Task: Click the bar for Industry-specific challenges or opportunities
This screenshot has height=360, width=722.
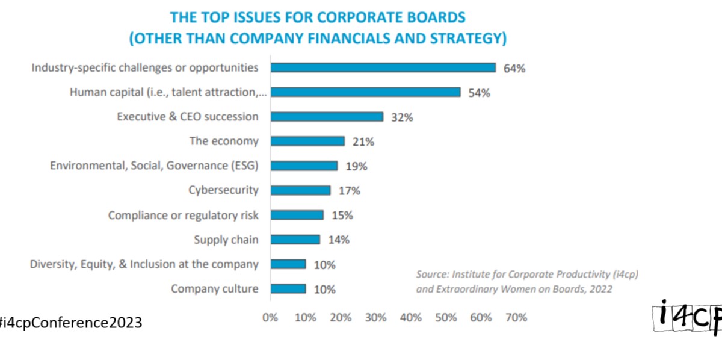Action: tap(383, 67)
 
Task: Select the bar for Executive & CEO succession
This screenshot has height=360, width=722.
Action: tap(327, 117)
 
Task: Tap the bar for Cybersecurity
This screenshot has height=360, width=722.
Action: tap(300, 190)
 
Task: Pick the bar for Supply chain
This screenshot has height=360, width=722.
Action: tap(295, 240)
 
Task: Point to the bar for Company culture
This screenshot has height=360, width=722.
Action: tap(288, 289)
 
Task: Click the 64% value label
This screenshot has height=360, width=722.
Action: tap(514, 69)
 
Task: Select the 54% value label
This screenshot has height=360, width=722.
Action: tap(480, 93)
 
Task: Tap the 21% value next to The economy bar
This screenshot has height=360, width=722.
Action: tap(363, 142)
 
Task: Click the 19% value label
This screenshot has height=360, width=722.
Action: tap(356, 167)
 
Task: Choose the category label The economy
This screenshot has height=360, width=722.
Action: tap(224, 141)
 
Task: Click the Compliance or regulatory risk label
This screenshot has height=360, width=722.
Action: tap(183, 216)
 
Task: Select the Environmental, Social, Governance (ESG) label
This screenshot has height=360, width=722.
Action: tap(154, 166)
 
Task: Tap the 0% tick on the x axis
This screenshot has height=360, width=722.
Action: tap(270, 317)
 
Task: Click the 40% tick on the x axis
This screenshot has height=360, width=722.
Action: tap(411, 317)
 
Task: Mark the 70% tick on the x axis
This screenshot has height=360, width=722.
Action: tap(516, 317)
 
